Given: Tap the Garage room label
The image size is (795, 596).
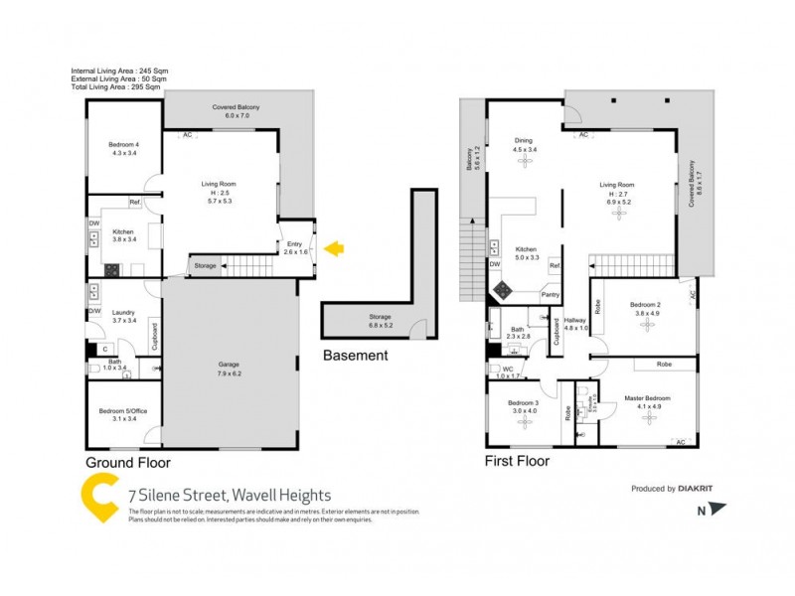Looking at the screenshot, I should pyautogui.click(x=230, y=365).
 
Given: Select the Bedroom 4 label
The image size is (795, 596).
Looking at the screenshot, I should pyautogui.click(x=123, y=145).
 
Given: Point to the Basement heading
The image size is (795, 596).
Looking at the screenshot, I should pyautogui.click(x=355, y=356).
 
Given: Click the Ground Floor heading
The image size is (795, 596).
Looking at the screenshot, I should pyautogui.click(x=128, y=463).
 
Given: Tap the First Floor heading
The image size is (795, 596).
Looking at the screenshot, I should pyautogui.click(x=517, y=461).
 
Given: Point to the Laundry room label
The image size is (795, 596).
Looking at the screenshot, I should pyautogui.click(x=123, y=310).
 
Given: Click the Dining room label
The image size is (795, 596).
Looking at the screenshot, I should pyautogui.click(x=523, y=140).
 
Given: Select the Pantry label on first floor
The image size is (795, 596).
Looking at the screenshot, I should pyautogui.click(x=550, y=295).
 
